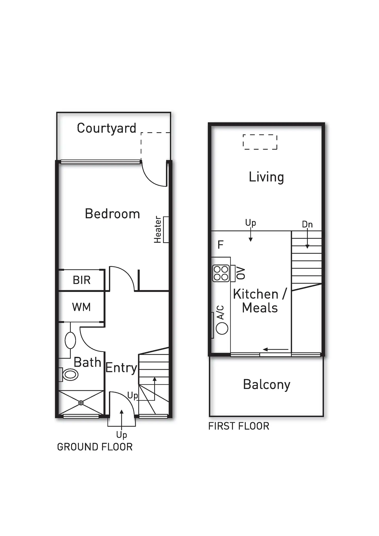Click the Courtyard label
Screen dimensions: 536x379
(x=106, y=128)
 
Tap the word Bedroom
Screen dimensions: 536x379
(x=112, y=214)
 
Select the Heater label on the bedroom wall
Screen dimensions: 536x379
(x=158, y=229)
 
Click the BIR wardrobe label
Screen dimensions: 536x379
(x=82, y=280)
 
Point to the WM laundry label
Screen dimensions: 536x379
(x=81, y=307)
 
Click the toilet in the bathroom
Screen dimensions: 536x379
(x=70, y=375)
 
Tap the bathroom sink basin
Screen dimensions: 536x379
(x=70, y=340)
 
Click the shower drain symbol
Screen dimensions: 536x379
(x=81, y=403)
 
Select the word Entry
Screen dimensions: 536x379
(x=121, y=368)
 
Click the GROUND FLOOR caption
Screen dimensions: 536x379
(x=95, y=447)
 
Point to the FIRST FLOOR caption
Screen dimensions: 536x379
(x=239, y=426)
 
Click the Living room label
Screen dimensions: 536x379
(x=266, y=177)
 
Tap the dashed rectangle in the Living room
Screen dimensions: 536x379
(x=260, y=142)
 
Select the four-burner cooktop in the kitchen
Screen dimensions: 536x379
(x=221, y=273)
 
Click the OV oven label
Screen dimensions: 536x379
(x=241, y=273)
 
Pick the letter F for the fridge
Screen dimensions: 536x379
(x=220, y=245)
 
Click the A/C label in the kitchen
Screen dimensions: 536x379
(x=220, y=313)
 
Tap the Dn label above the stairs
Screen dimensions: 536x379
(x=307, y=224)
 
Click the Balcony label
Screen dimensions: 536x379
(x=266, y=385)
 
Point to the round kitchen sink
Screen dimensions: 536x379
(x=222, y=328)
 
